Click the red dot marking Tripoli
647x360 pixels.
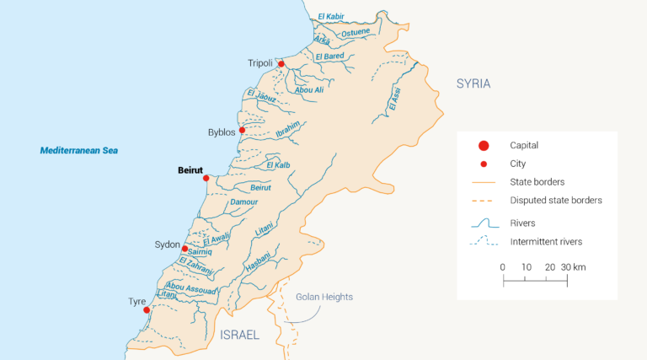pos(281,63)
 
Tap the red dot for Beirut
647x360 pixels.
pos(206,178)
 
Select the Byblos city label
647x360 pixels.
pos(222,132)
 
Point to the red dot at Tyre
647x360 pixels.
pos(147,310)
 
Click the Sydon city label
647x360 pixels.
pos(167,244)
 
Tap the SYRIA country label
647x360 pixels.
pos(473,83)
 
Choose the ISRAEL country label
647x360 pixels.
pos(239,336)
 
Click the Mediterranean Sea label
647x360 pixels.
pos(79,151)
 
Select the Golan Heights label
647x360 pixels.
pos(324,297)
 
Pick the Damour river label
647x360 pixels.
pos(243,202)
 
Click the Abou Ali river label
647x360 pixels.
pos(308,89)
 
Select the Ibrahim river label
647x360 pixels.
pos(288,131)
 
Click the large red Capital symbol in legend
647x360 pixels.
pos(484,145)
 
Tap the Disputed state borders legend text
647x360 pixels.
pos(556,201)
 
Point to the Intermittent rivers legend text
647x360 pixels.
pos(546,242)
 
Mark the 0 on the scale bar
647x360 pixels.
pos(503,266)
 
